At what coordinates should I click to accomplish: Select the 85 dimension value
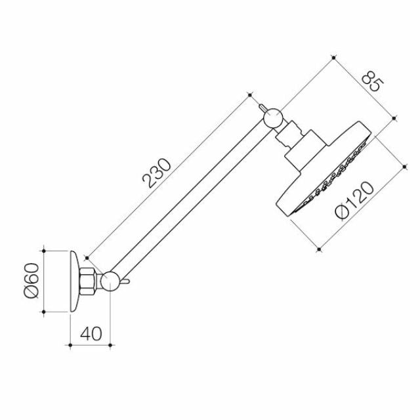(372, 83)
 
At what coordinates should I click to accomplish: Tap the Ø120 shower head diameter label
(354, 200)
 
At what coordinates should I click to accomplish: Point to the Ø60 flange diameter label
(31, 282)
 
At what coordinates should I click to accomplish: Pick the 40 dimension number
(92, 333)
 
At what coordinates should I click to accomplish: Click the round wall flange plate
(73, 282)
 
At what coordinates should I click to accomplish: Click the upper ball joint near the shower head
(272, 117)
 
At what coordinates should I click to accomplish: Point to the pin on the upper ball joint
(261, 106)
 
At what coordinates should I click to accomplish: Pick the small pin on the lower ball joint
(125, 283)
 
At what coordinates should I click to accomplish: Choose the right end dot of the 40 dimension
(111, 343)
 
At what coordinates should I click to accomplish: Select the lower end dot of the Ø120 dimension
(318, 249)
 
